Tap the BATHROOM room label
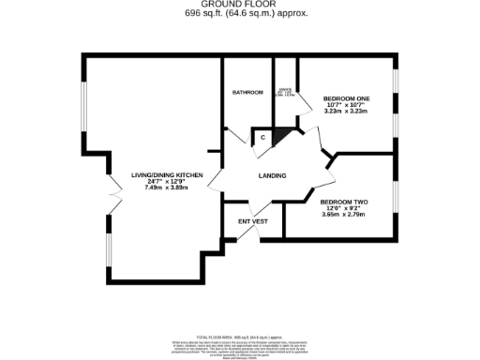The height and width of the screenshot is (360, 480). [x=247, y=92]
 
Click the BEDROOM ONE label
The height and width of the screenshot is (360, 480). [x=345, y=97]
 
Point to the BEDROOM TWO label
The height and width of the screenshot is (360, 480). [x=342, y=202]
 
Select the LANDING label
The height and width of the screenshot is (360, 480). [x=272, y=175]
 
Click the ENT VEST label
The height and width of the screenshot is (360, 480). [x=253, y=221]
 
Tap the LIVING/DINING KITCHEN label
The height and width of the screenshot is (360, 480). [x=167, y=175]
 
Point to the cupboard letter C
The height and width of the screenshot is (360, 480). [x=263, y=139]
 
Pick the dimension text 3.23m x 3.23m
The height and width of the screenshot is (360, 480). [x=345, y=112]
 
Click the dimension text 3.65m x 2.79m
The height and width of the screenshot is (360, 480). [x=342, y=215]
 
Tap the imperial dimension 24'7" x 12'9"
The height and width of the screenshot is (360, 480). [x=167, y=182]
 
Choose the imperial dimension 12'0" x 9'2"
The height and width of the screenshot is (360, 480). [x=342, y=208]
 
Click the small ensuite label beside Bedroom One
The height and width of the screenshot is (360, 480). [x=285, y=92]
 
